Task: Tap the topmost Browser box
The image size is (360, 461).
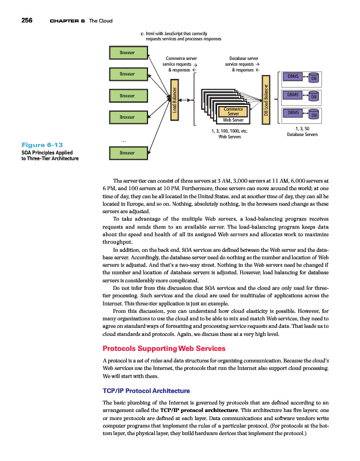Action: pyautogui.click(x=127, y=52)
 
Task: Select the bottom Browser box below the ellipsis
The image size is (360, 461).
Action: pyautogui.click(x=127, y=153)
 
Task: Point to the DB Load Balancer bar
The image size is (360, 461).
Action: pyautogui.click(x=266, y=101)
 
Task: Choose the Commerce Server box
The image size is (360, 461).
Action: pyautogui.click(x=232, y=111)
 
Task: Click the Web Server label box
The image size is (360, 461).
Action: pyautogui.click(x=233, y=120)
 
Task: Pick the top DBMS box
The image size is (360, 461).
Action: pyautogui.click(x=291, y=76)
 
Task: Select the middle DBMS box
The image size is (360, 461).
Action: pyautogui.click(x=291, y=94)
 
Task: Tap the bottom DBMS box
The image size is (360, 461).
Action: pyautogui.click(x=291, y=112)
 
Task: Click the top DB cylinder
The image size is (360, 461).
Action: pyautogui.click(x=314, y=80)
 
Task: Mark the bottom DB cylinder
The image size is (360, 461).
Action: pyautogui.click(x=314, y=116)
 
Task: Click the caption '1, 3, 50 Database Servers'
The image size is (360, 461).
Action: pyautogui.click(x=302, y=132)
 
